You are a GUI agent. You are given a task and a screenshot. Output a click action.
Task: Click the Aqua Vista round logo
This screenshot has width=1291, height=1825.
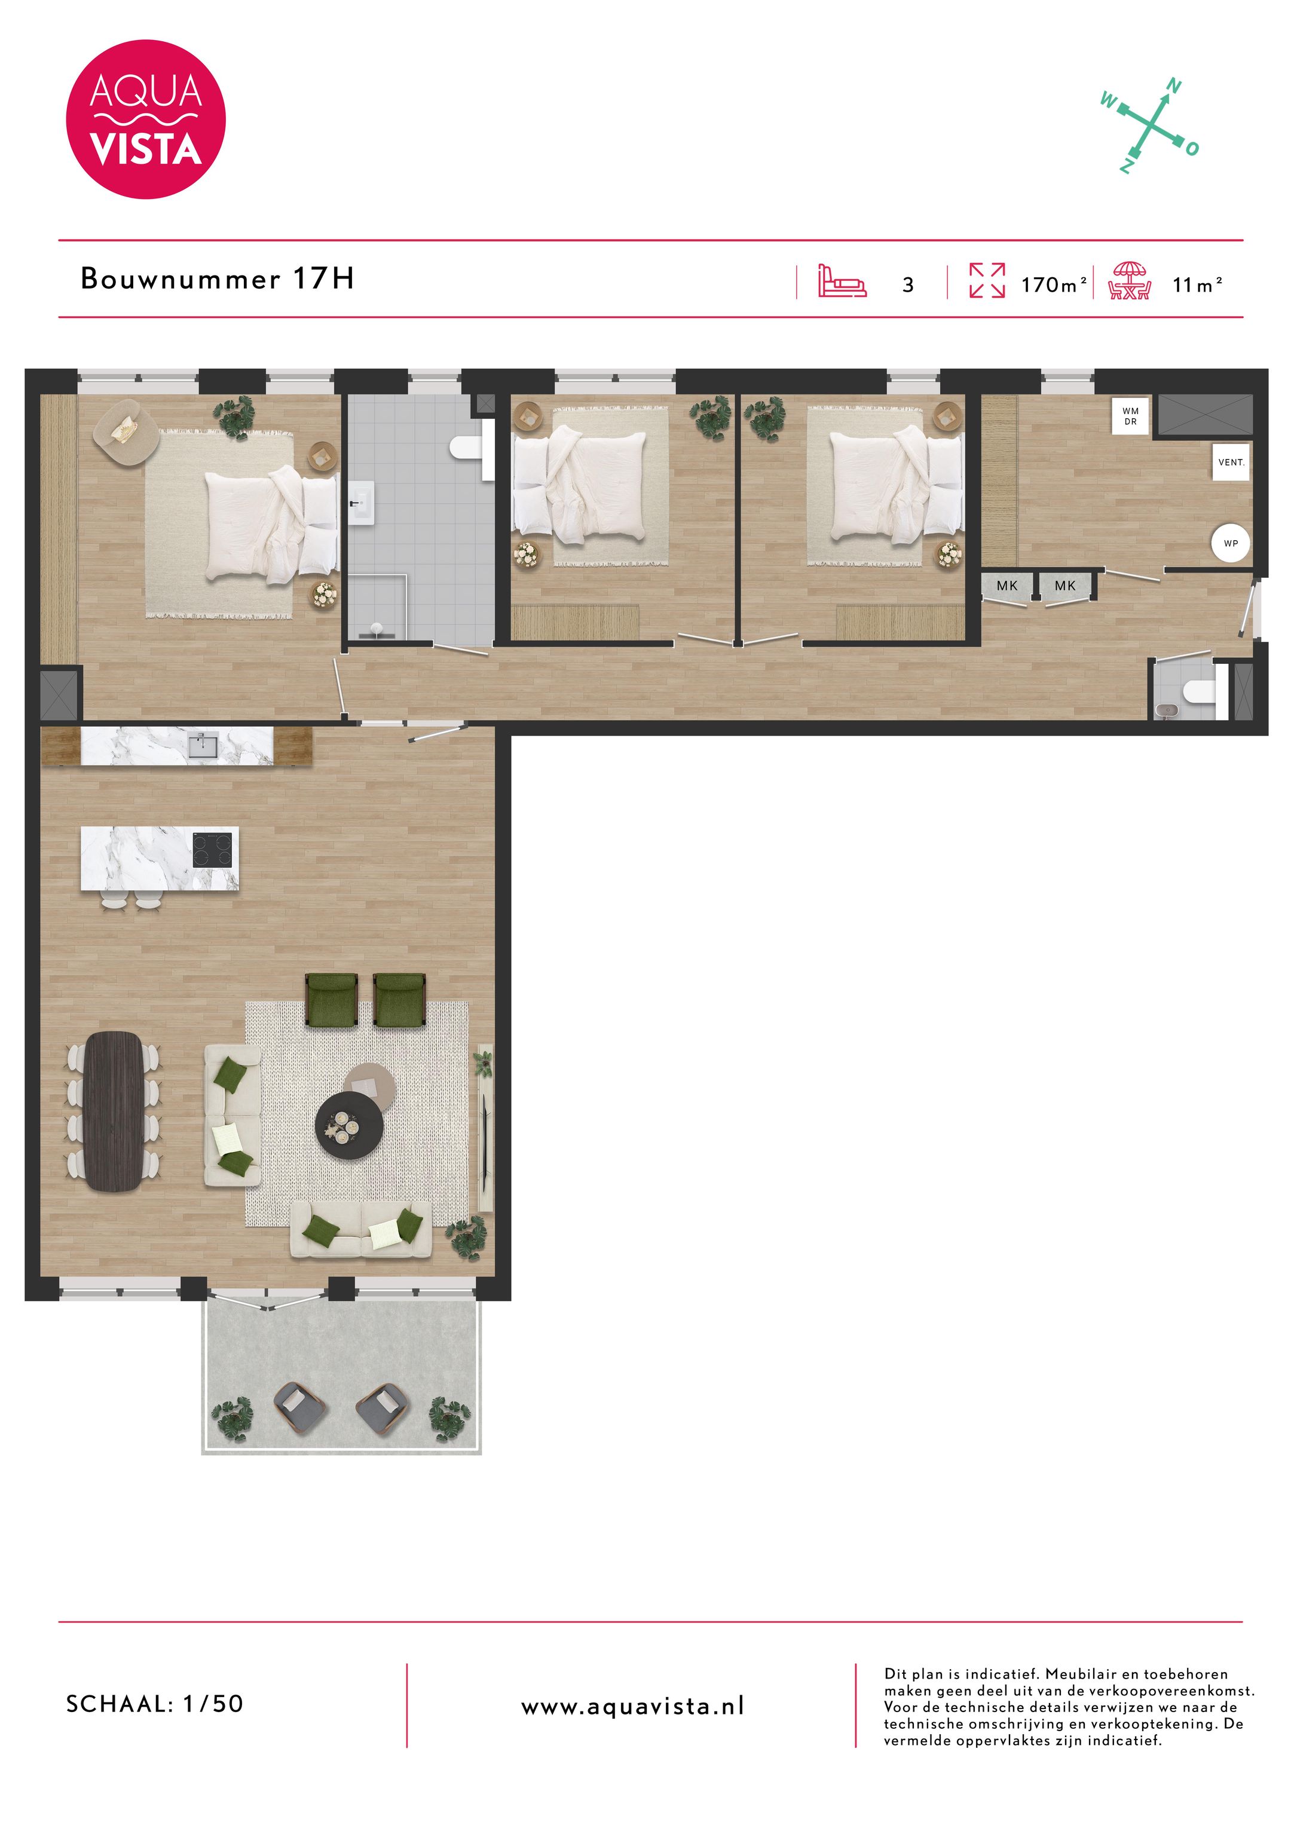pos(145,120)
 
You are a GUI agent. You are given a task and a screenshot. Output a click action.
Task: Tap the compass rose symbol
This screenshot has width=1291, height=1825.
pos(1151,125)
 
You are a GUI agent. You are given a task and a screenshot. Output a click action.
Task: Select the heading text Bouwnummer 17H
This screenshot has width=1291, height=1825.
pos(217,279)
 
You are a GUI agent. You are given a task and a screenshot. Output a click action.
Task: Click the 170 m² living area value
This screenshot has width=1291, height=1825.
pos(1053,284)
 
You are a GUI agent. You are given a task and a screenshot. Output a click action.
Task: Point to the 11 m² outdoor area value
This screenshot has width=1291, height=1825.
pos(1197,284)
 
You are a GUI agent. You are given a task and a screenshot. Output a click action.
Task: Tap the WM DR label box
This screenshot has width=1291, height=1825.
pos(1130,417)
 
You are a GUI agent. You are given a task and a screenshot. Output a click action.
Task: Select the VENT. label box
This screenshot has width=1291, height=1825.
pos(1231,463)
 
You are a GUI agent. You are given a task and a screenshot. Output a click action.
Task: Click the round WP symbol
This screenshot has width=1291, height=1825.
pos(1231,544)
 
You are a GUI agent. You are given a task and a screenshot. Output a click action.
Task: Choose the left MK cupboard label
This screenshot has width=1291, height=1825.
pos(1007,586)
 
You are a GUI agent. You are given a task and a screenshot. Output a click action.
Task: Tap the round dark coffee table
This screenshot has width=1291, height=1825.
pos(349,1125)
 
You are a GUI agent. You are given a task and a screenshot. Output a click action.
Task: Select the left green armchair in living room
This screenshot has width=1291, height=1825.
pos(332,999)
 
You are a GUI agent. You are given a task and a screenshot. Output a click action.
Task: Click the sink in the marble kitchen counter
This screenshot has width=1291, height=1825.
pos(202,746)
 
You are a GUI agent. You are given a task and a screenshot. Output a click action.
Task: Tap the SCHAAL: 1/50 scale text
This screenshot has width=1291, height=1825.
pos(155,1703)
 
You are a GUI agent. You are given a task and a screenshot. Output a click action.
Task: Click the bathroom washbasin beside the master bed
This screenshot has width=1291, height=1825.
pos(362,504)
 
